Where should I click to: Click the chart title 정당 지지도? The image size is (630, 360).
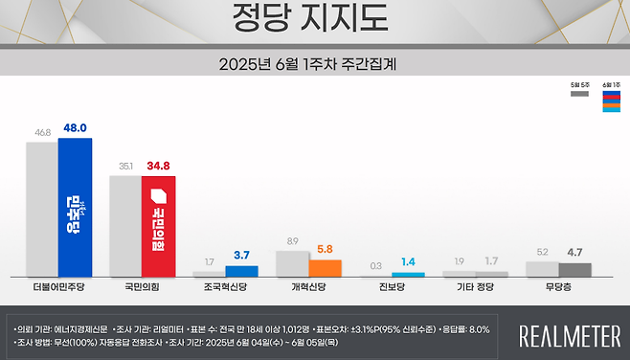click(x=314, y=16)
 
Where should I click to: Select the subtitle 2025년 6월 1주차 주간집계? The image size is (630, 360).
click(x=314, y=66)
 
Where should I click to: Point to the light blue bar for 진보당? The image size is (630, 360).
click(x=409, y=275)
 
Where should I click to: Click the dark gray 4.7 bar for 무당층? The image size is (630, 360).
click(x=575, y=270)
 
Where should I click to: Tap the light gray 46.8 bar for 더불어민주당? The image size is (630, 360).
click(x=41, y=210)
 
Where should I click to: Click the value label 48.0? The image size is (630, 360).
click(x=77, y=127)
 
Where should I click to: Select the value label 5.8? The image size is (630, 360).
click(x=326, y=250)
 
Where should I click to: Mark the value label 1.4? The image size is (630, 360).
click(x=409, y=261)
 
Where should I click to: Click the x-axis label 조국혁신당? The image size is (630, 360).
click(x=224, y=286)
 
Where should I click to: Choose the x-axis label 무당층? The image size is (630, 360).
click(x=558, y=286)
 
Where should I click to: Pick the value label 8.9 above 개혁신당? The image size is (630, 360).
click(x=292, y=241)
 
